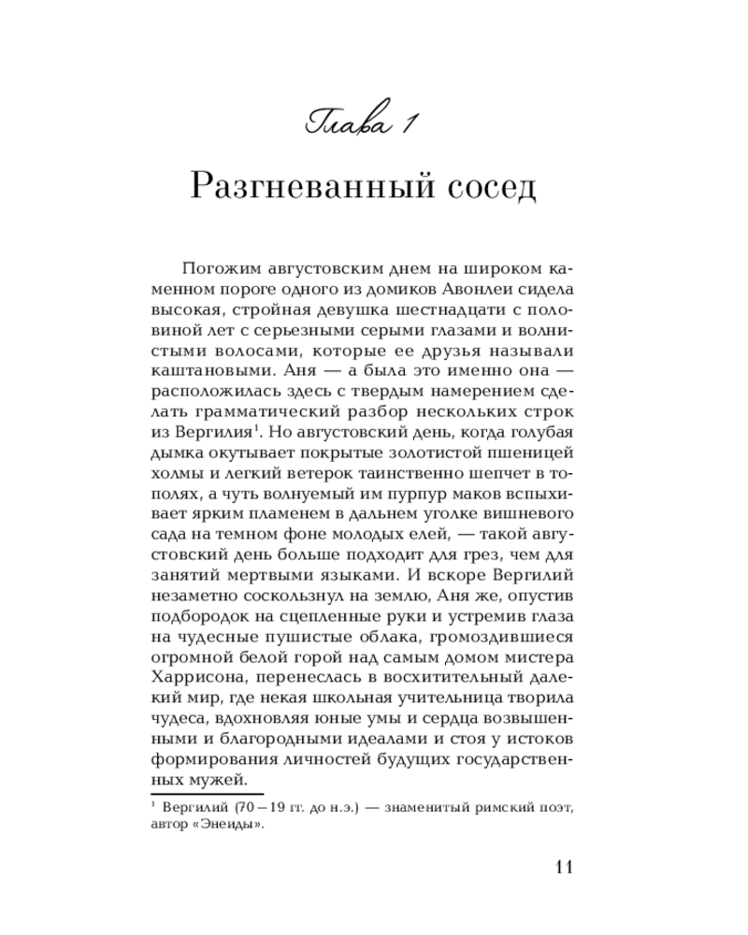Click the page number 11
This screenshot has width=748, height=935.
click(562, 866)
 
